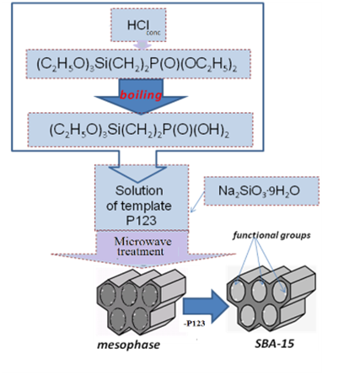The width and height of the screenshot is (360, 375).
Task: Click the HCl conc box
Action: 138,25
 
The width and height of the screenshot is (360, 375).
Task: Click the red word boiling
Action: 141,95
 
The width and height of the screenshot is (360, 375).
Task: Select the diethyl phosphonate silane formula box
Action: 138,64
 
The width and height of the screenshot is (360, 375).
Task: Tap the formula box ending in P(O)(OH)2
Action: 140,130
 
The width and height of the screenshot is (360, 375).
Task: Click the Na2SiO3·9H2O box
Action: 261,191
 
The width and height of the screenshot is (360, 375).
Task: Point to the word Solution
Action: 139,190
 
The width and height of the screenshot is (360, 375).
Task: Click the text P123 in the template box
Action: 141,221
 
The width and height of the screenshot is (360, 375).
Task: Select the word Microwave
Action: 142,241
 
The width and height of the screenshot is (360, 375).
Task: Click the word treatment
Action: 141,251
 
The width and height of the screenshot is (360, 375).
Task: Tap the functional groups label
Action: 271,235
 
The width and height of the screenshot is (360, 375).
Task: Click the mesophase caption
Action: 128,345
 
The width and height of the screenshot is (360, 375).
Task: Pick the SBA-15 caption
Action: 275,344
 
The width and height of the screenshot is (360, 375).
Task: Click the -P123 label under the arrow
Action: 194,324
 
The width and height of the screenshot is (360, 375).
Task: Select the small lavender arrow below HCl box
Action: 142,46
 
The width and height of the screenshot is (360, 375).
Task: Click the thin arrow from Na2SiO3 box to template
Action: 197,202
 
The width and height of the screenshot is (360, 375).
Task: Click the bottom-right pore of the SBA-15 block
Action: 270,315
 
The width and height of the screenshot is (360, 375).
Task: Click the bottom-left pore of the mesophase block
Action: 118,319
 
